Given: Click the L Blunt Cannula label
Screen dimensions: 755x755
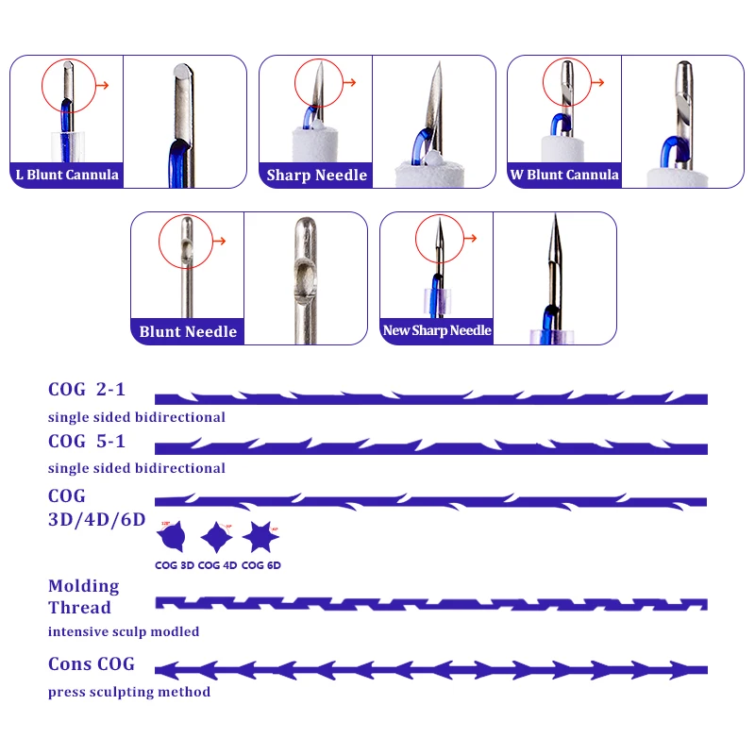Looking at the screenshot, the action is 66,175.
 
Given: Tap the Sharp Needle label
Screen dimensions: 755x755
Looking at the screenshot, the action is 316,176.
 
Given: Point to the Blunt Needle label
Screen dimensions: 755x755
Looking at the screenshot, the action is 188,331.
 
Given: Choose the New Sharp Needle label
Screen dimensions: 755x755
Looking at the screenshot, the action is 437,330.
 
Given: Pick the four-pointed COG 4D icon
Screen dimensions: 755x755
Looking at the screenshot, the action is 217,538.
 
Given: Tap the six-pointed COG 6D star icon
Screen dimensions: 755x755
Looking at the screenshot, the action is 260,538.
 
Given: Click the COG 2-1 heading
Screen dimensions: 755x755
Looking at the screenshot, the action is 86,390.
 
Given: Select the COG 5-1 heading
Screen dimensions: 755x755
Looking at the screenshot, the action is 86,441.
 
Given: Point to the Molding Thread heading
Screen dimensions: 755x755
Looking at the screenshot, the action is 84,596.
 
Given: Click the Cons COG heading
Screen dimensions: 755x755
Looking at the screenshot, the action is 92,664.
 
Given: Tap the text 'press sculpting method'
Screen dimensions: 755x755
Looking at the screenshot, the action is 129,692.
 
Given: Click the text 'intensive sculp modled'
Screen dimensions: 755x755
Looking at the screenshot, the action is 124,631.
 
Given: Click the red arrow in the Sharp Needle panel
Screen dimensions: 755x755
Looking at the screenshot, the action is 349,83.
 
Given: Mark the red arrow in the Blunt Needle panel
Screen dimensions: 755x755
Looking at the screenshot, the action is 221,241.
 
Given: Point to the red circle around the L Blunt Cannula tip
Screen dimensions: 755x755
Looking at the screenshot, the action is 70,83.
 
